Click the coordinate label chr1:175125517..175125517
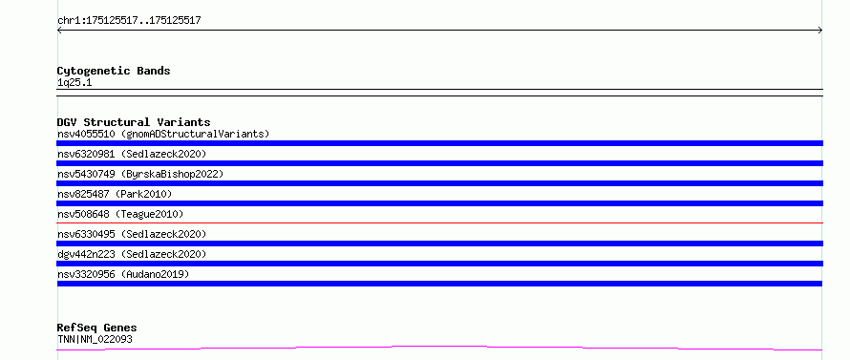pyautogui.click(x=129, y=21)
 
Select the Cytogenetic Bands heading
pyautogui.click(x=114, y=71)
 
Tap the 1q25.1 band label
pyautogui.click(x=74, y=83)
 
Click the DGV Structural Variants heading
pyautogui.click(x=134, y=122)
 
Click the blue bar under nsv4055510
pyautogui.click(x=439, y=143)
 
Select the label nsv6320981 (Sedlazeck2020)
pyautogui.click(x=132, y=154)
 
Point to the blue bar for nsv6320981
pyautogui.click(x=439, y=163)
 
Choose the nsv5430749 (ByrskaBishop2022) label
pyautogui.click(x=140, y=174)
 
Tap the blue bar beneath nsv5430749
pyautogui.click(x=439, y=183)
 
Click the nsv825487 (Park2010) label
pyautogui.click(x=115, y=194)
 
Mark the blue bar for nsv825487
pyautogui.click(x=439, y=203)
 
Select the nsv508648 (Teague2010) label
pyautogui.click(x=120, y=214)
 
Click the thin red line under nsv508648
pyautogui.click(x=439, y=222)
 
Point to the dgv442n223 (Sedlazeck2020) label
pyautogui.click(x=132, y=254)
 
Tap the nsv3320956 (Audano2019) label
pyautogui.click(x=123, y=274)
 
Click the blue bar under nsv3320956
pyautogui.click(x=439, y=284)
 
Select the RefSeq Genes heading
pyautogui.click(x=96, y=328)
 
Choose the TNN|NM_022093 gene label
pyautogui.click(x=95, y=339)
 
